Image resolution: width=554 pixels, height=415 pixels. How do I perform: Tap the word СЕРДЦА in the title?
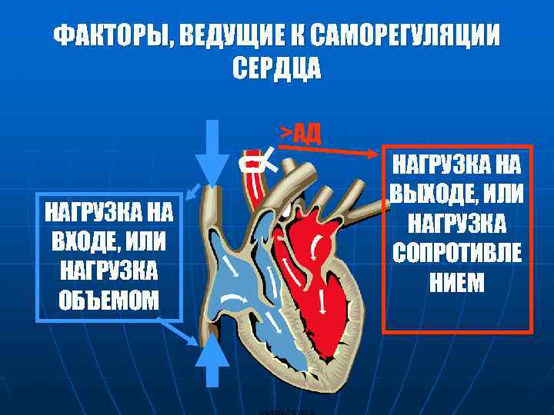click(x=276, y=68)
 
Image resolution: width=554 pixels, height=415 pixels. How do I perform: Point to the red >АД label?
click(x=300, y=134)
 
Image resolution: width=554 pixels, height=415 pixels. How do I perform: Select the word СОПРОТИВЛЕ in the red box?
click(x=457, y=253)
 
